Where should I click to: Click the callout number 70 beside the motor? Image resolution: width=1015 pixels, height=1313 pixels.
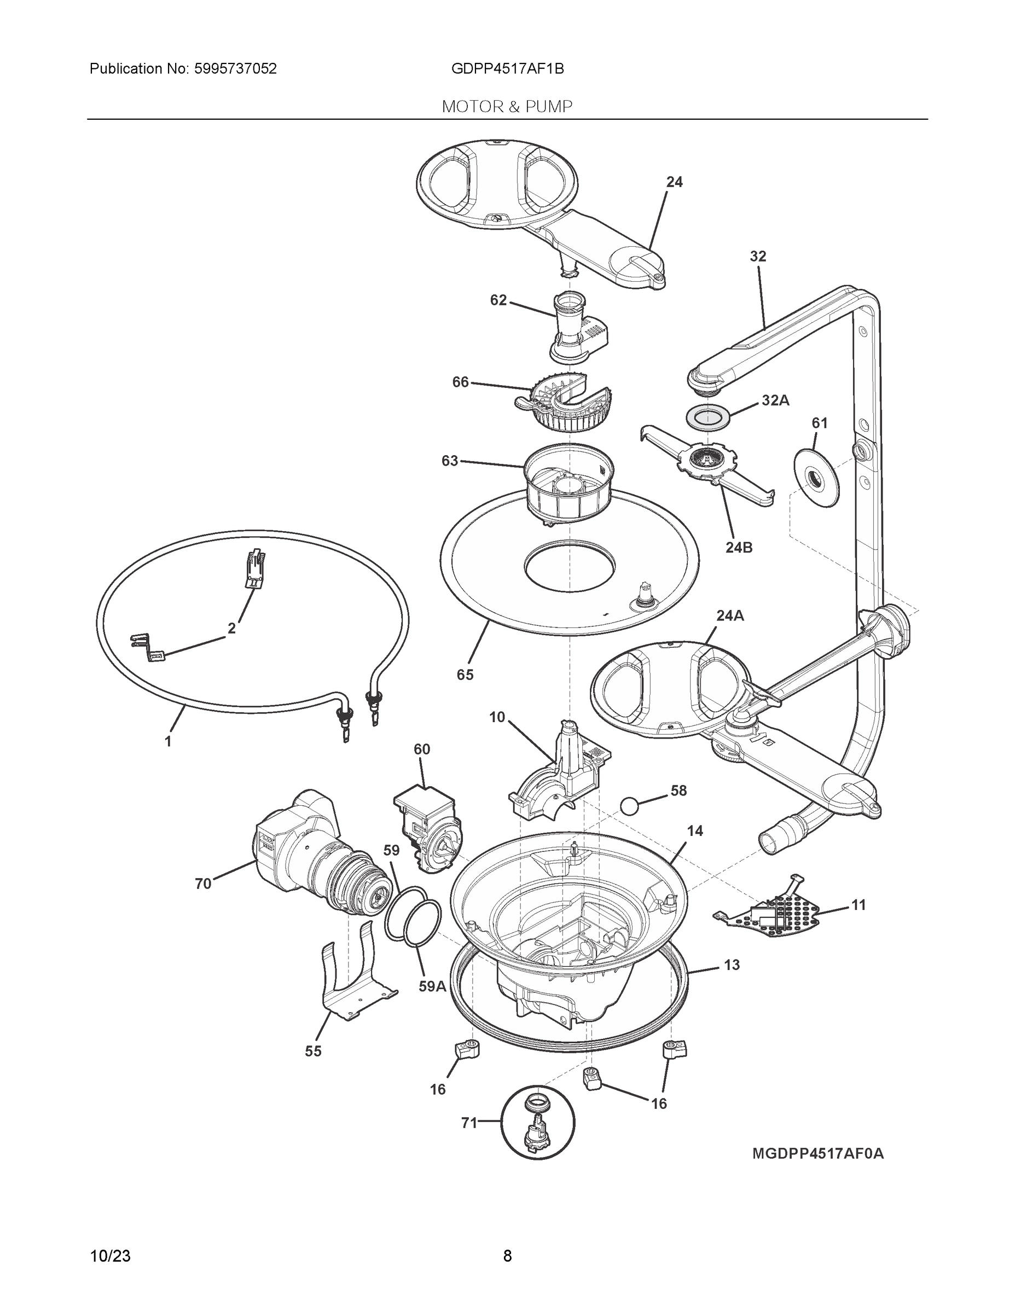coord(202,883)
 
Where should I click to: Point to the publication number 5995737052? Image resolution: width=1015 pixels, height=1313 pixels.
coord(235,69)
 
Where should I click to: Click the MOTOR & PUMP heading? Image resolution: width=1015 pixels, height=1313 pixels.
coord(507,107)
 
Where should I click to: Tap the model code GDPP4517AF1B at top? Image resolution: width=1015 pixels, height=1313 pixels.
coord(507,69)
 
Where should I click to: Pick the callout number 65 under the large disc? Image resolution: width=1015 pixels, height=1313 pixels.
coord(465,675)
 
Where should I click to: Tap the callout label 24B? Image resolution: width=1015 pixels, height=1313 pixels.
coord(738,547)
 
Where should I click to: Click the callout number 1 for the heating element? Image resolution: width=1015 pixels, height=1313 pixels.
coord(169,741)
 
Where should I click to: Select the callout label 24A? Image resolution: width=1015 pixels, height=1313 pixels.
coord(729,615)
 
